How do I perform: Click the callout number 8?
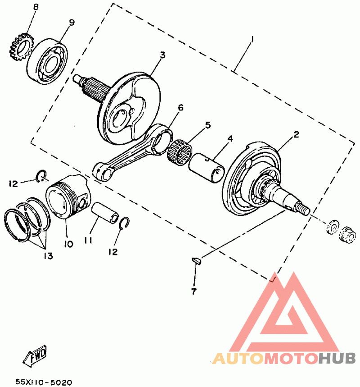coord(36,8)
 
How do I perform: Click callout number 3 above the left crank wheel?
coord(162,55)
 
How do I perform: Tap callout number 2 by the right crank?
coord(296,134)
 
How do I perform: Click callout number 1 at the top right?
coord(252,40)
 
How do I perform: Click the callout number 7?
coord(193,291)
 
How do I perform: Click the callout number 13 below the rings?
coord(48,256)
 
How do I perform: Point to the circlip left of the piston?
coord(40,175)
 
